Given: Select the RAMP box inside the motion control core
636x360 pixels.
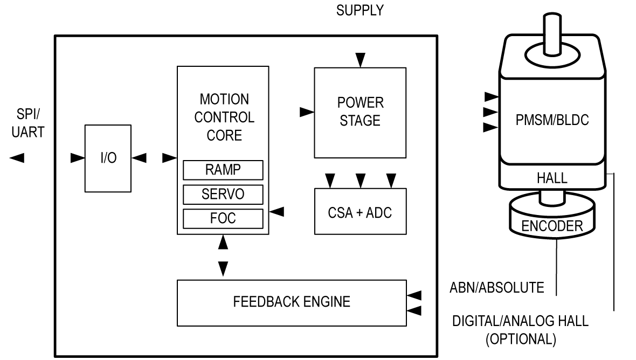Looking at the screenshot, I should point(223,170).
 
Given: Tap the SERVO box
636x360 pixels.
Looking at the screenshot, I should point(223,194).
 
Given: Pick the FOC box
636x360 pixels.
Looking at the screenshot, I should point(223,218).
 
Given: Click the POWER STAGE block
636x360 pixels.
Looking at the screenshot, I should point(360,112).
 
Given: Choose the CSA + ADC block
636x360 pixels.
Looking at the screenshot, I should point(360,211).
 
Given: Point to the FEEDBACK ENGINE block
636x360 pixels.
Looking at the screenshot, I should point(292,302).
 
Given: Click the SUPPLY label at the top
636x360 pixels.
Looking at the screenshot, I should point(360,11).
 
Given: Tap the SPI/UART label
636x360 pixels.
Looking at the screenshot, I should point(27,123).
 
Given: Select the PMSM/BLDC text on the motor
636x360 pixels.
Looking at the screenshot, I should point(551,120).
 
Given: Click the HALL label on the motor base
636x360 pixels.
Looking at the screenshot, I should point(551,178).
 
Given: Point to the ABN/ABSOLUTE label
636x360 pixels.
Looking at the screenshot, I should point(497,287).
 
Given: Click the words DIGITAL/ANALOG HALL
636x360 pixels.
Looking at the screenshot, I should point(520,321).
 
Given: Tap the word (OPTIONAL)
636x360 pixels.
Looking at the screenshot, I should point(520,340).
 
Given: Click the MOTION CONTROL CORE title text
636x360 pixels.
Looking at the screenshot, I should point(224,117).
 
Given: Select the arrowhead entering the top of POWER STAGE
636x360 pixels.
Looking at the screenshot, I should point(360,60).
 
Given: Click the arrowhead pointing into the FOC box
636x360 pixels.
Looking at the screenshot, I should point(277,212).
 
